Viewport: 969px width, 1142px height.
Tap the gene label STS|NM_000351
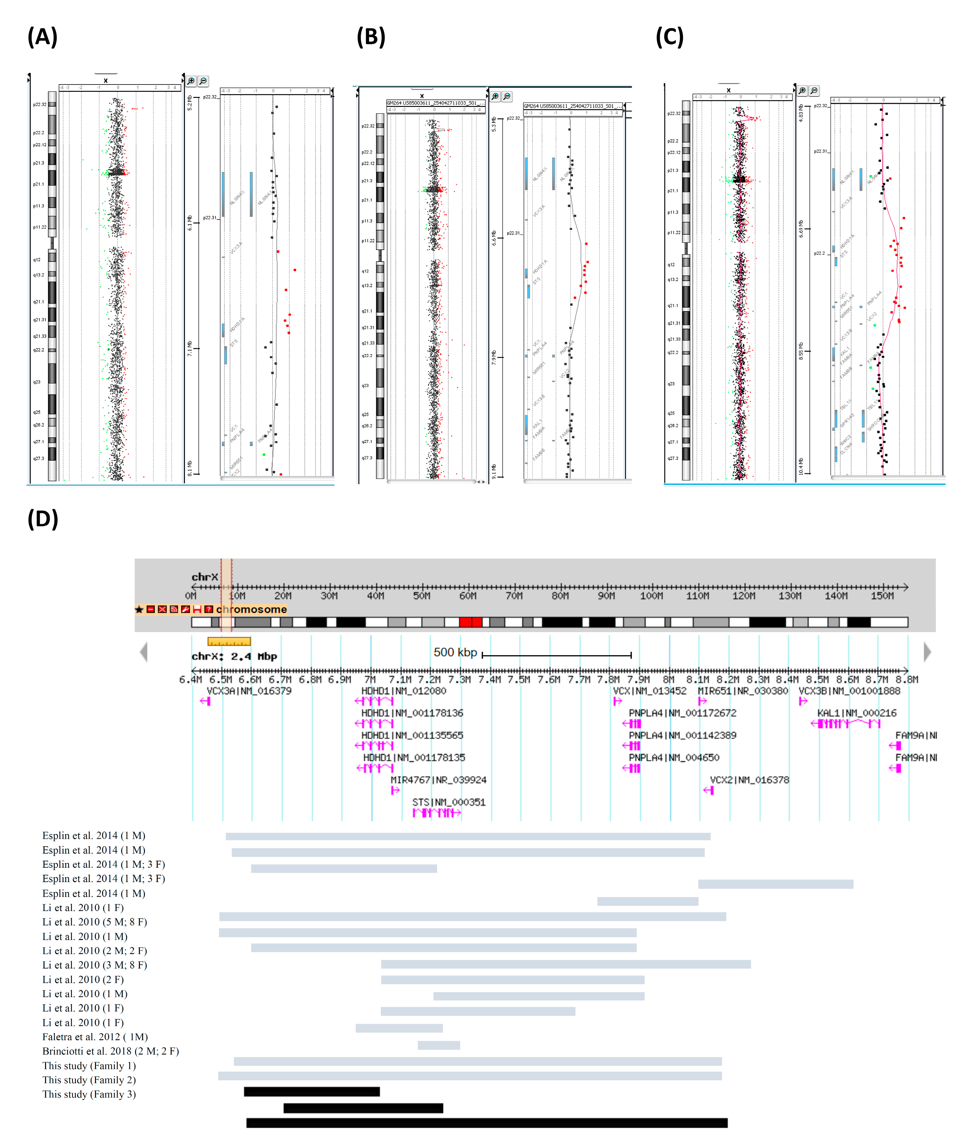pos(449,802)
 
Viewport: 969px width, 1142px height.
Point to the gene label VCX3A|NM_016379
pos(249,690)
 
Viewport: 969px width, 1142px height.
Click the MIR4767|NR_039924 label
pos(438,779)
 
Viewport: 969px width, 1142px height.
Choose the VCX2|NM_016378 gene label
pos(749,779)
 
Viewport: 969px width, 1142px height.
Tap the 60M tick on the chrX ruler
pos(468,595)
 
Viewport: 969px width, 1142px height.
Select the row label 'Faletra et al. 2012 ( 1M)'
pos(95,1036)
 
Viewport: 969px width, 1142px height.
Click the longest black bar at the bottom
pos(487,1123)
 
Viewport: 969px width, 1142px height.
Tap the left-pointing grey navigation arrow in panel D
pos(144,652)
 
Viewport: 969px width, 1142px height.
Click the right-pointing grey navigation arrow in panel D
pos(927,652)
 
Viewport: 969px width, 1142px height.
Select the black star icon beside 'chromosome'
pos(139,609)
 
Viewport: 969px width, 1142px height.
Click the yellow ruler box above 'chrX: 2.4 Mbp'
pos(229,641)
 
